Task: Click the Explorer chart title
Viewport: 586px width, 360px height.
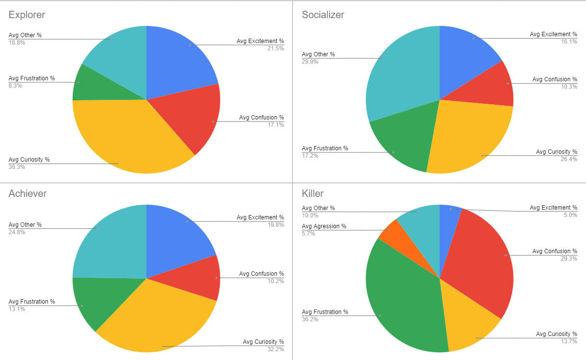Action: tap(27, 15)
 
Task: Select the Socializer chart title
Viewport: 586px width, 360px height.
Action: tap(323, 15)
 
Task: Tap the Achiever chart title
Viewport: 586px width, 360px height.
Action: tap(28, 193)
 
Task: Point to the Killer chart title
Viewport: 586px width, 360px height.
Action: tap(313, 193)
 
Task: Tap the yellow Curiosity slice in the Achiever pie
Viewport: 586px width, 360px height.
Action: tap(157, 318)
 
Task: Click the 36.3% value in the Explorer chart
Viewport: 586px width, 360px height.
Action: tap(17, 167)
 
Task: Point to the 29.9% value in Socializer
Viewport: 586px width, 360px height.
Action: tap(310, 62)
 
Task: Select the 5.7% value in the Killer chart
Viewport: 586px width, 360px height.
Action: tap(308, 234)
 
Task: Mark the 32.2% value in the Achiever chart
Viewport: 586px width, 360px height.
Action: tap(276, 349)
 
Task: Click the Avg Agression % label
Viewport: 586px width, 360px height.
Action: tap(324, 226)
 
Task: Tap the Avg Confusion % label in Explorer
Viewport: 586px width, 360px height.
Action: tap(261, 118)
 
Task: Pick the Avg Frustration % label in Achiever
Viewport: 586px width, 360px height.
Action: tap(32, 302)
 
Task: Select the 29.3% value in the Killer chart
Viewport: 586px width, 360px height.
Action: tap(569, 258)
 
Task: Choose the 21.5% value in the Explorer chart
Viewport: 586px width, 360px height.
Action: tap(276, 48)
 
